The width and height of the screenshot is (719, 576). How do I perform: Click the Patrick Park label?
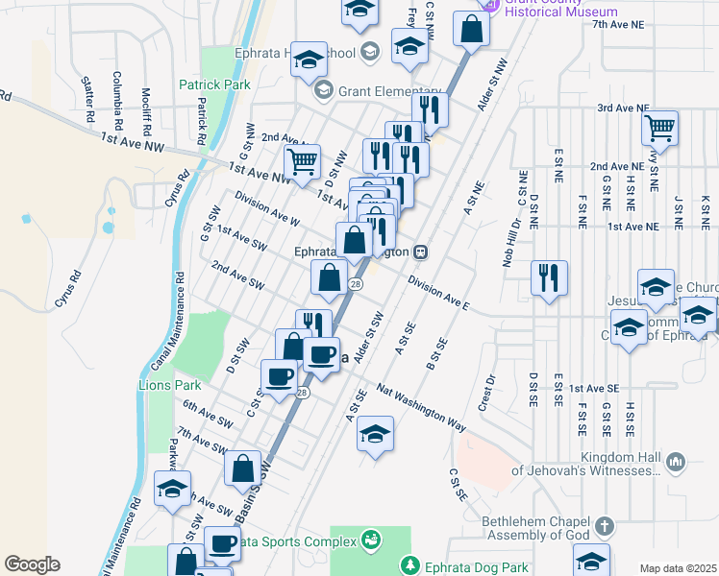[214, 84]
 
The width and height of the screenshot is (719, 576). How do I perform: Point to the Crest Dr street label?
[488, 389]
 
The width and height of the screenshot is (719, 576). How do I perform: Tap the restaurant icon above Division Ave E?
[549, 277]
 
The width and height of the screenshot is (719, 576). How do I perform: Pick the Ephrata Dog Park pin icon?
[410, 564]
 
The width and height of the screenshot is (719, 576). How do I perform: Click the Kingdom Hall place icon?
[674, 463]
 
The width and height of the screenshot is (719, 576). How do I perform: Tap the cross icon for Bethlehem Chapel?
[604, 526]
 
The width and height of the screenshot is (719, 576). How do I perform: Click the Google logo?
[33, 564]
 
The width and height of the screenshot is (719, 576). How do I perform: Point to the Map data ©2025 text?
[679, 568]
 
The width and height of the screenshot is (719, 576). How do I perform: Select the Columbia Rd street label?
[116, 102]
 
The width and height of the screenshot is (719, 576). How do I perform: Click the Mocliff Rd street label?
[145, 106]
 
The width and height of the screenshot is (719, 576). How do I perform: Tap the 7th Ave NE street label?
[620, 25]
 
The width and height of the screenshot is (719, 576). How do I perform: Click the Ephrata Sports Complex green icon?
[368, 541]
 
